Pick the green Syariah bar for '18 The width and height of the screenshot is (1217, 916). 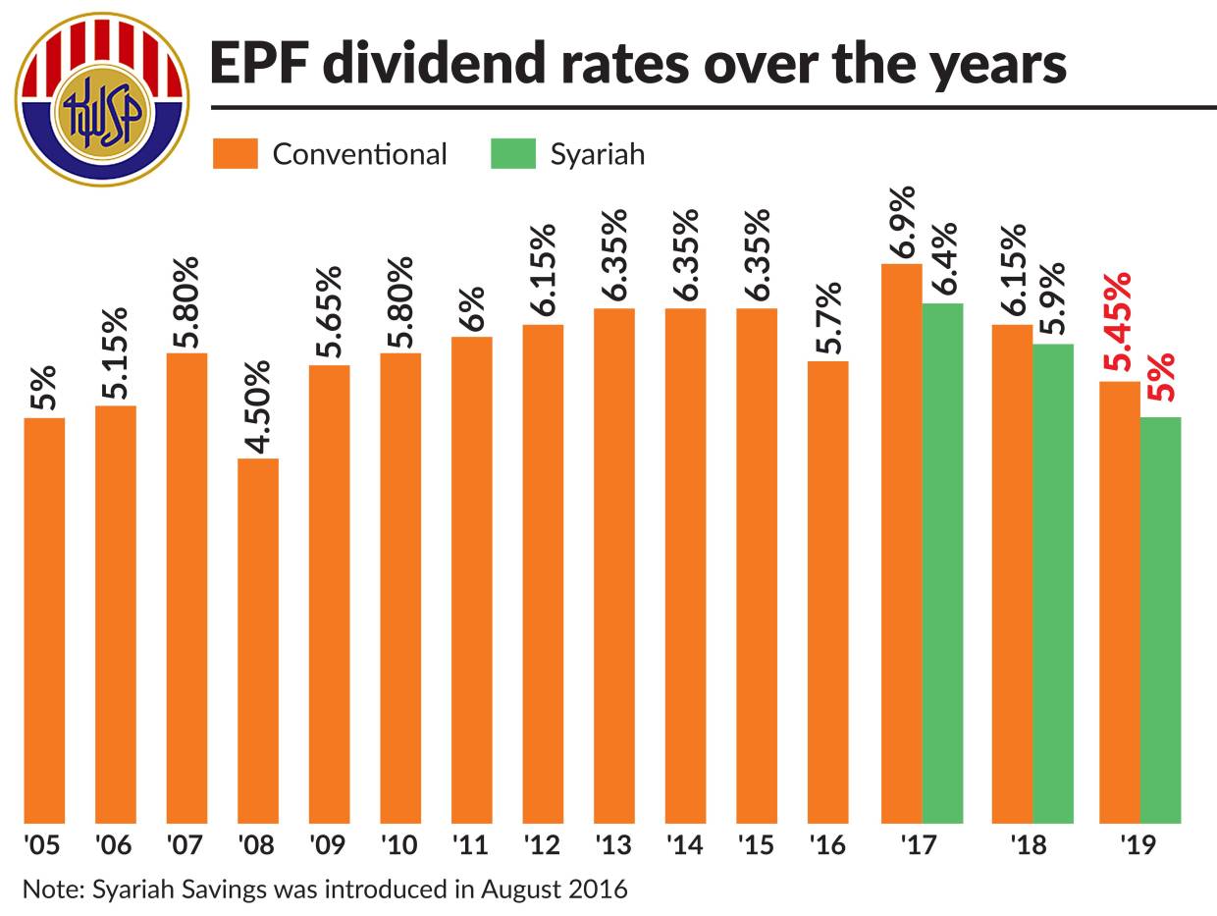point(1053,583)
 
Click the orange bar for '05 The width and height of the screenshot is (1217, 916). point(44,620)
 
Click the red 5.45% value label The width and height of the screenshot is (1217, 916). point(1117,321)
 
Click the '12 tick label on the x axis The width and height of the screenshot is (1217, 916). point(543,844)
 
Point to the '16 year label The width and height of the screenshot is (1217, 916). point(827,844)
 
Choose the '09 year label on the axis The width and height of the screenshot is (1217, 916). point(329,844)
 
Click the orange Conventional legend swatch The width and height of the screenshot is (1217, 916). point(236,154)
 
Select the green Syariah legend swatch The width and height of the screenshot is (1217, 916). point(513,154)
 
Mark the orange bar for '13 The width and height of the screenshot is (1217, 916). point(613,566)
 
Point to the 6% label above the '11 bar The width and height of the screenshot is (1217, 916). point(472,310)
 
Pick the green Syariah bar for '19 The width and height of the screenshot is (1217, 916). point(1160,620)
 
